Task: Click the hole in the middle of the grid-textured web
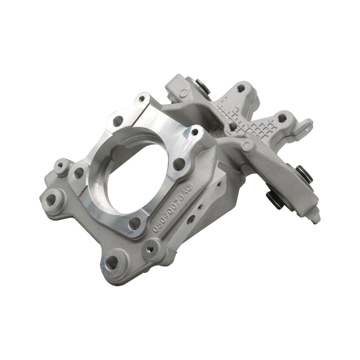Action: (233, 125)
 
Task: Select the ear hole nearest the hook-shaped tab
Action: (281, 117)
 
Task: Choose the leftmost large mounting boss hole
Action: (49, 197)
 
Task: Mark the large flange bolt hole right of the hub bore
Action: (179, 165)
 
